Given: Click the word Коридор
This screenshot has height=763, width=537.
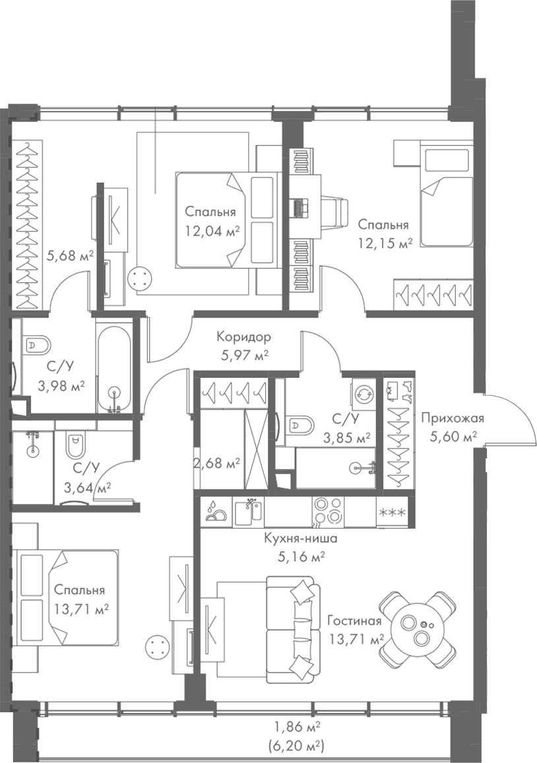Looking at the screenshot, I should pos(243,337).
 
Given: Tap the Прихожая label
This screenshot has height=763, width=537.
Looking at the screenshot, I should pos(453,417).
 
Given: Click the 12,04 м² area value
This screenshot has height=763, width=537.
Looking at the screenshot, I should pos(211,231).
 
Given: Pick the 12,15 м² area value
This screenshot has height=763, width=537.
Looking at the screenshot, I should pos(385,242).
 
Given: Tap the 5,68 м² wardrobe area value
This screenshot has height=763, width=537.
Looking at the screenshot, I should pos(69,255).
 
